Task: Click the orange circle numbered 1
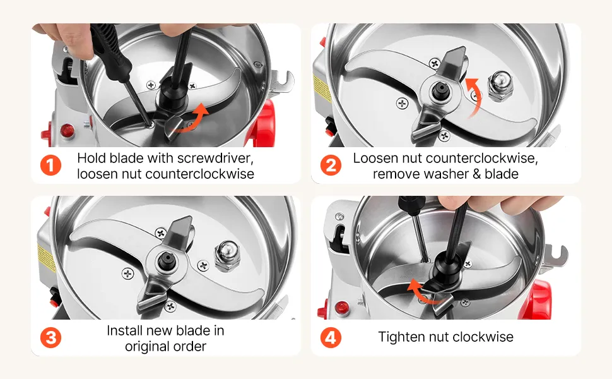(50, 165)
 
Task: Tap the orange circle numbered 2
(331, 165)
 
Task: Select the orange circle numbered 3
(50, 337)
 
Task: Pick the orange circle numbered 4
(331, 337)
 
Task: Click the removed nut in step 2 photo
(501, 85)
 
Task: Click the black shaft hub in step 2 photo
(440, 91)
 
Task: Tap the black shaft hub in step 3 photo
(167, 261)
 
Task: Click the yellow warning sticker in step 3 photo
(46, 258)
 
